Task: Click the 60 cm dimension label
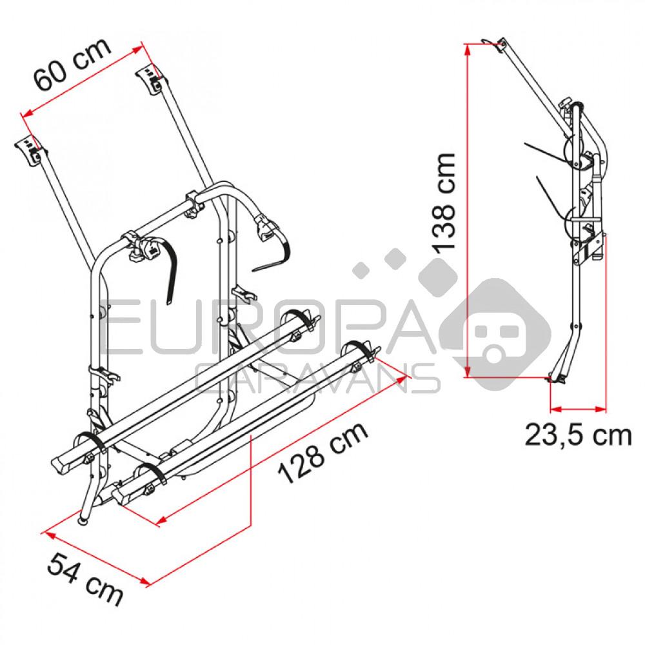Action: coord(72,64)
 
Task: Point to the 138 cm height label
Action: coord(444,202)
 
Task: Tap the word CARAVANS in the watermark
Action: coord(317,379)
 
